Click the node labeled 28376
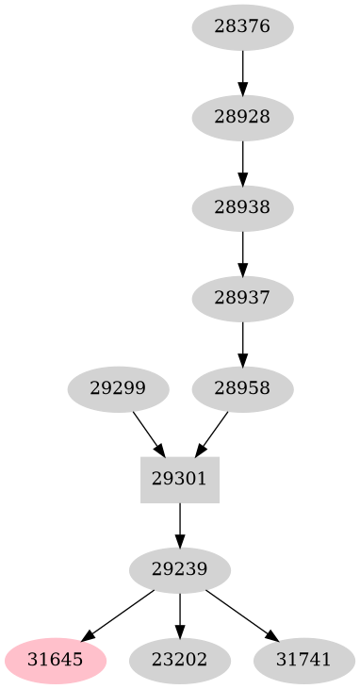pos(242,26)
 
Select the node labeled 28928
pos(242,117)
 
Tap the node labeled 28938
pos(242,207)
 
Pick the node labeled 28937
pos(242,298)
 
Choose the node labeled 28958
pos(242,388)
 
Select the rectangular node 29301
pos(180,479)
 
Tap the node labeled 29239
pos(180,569)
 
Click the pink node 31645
pos(56,660)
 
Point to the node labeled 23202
pos(180,660)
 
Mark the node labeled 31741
pos(304,660)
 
